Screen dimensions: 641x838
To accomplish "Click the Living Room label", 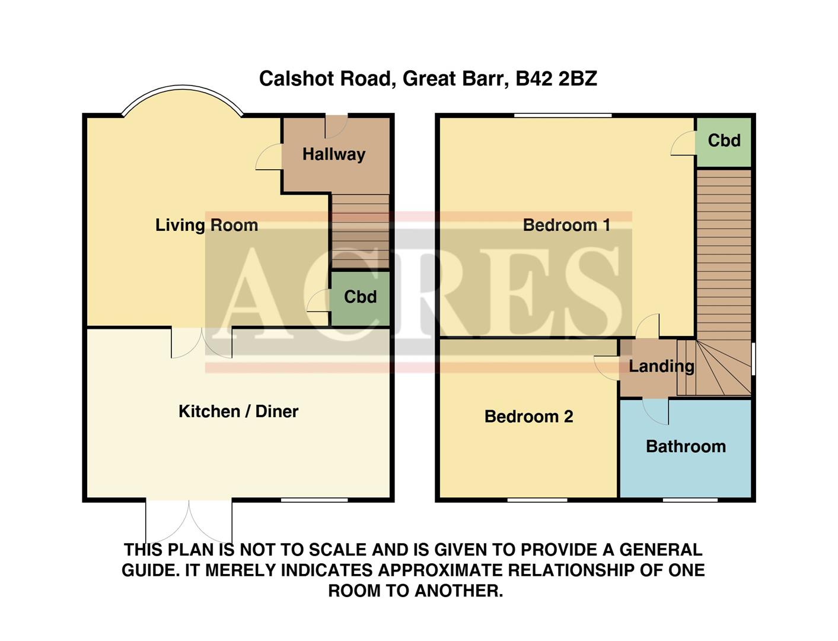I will pos(206,225).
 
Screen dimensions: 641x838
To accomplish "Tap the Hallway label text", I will pos(333,154).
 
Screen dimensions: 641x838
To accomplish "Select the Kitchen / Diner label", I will pos(238,411).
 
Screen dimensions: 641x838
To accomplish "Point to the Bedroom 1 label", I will pos(566,225).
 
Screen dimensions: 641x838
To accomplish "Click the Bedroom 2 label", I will pos(528,417).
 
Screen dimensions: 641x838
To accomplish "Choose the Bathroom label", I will pos(686,446).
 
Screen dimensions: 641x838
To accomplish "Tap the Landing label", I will pos(661,366).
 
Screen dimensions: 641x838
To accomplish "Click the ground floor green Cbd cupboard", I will pos(360,297).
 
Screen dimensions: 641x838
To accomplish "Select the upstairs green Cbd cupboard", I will pos(724,141).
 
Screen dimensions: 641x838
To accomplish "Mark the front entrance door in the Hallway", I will pos(336,126).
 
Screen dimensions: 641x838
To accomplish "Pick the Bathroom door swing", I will pos(656,411).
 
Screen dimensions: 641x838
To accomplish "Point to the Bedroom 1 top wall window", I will pos(563,115).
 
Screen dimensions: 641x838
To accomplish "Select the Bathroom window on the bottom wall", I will pos(690,500).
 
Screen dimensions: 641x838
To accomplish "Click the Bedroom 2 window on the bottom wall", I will pos(537,500).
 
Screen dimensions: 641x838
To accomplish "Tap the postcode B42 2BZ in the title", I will pos(556,79).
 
